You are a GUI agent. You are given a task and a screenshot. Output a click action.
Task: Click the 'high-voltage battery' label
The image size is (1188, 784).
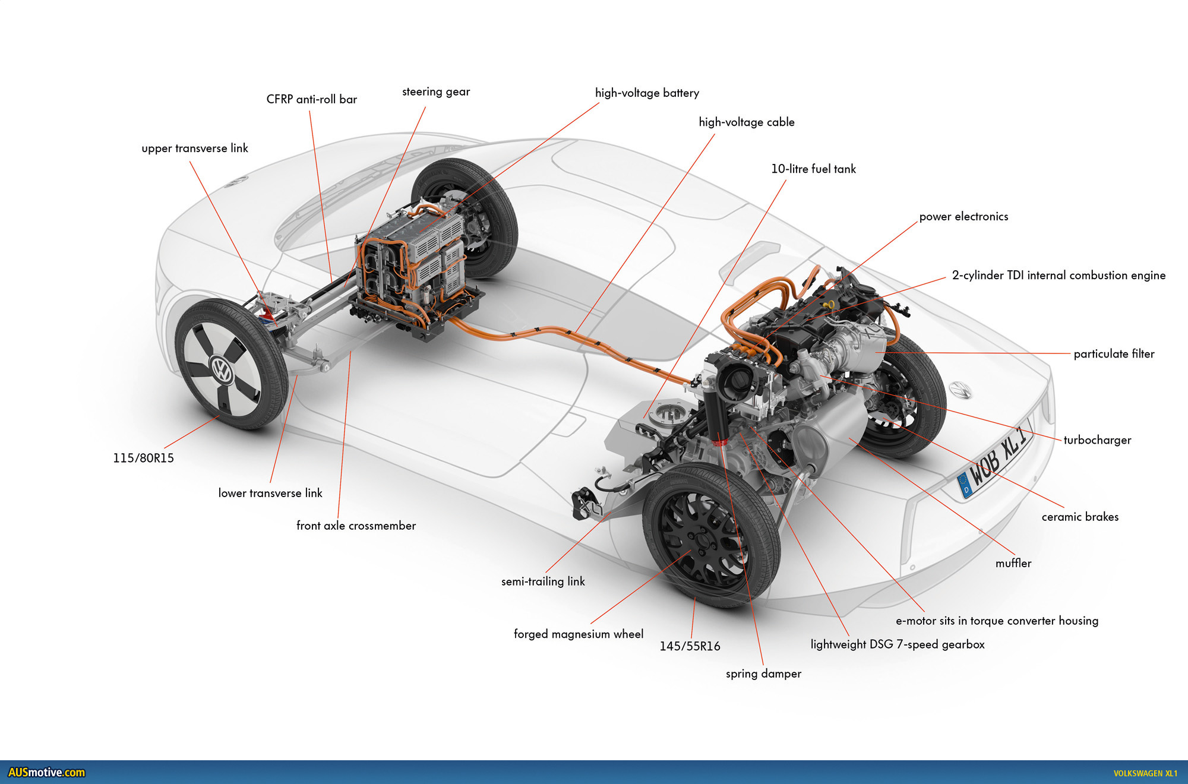point(647,93)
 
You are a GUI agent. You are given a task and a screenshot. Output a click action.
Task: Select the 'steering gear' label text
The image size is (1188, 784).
point(436,92)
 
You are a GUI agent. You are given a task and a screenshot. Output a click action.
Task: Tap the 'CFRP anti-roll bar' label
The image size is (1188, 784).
point(311,100)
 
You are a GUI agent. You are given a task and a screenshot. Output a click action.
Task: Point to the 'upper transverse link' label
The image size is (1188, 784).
point(195,148)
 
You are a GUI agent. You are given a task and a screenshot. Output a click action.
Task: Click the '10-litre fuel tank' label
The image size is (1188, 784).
point(813,169)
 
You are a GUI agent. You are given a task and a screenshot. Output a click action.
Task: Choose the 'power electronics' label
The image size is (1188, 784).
point(963,217)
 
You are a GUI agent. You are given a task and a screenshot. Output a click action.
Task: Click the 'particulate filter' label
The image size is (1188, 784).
point(1114,354)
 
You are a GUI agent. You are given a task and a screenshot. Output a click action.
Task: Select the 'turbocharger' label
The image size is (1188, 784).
point(1097,440)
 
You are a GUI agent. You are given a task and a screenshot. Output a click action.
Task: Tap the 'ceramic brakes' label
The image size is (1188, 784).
point(1080,517)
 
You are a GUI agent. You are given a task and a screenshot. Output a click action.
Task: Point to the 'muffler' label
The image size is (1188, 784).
point(1013,563)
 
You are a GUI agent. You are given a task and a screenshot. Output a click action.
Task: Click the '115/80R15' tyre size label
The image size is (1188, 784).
point(143,458)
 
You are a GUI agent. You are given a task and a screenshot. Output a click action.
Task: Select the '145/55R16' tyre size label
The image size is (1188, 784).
point(690,646)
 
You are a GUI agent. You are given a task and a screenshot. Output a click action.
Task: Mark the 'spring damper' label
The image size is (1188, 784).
point(763,674)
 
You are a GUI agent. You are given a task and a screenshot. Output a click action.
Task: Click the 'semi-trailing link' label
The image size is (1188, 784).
point(543,581)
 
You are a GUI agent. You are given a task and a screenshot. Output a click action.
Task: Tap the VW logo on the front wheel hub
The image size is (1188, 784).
point(222,370)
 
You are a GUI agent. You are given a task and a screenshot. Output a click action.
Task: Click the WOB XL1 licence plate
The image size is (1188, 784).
point(995,463)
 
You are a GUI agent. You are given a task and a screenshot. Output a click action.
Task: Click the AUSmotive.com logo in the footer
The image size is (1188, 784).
point(46,772)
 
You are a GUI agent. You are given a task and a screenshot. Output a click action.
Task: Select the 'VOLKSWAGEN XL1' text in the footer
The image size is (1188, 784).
point(1145,773)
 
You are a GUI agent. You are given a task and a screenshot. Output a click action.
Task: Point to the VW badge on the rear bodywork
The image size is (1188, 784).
point(960,390)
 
